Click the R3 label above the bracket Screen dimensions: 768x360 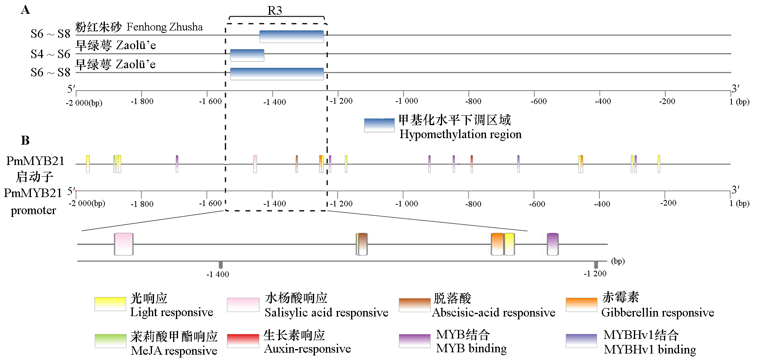(275, 11)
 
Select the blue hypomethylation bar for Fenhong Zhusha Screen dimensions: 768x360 (291, 37)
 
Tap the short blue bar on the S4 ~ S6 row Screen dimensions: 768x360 (247, 55)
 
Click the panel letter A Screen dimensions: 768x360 (25, 10)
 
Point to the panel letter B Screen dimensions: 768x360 (25, 141)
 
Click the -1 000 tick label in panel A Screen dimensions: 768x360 (406, 101)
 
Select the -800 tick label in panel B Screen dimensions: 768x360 (473, 204)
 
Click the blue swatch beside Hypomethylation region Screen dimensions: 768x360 (379, 125)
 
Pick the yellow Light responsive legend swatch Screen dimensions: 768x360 (110, 304)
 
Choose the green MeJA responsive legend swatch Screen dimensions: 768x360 (110, 341)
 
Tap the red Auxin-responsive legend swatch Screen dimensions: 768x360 (243, 341)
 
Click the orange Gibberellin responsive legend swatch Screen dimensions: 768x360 (581, 304)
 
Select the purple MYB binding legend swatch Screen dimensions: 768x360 (414, 341)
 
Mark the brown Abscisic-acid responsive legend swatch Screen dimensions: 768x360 (414, 305)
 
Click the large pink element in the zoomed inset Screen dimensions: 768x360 (124, 244)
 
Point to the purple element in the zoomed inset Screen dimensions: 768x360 (553, 244)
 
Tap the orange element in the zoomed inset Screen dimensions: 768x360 (497, 244)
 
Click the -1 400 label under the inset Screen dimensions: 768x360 (218, 274)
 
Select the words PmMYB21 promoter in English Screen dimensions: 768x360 (33, 202)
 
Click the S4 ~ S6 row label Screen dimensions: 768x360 (50, 54)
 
